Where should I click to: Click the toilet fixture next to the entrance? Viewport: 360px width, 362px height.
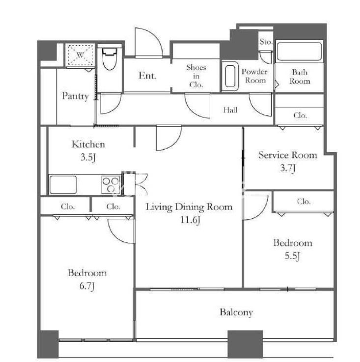click(109, 59)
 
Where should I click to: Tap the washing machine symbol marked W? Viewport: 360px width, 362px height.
click(80, 55)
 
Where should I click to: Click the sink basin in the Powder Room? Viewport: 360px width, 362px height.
click(230, 77)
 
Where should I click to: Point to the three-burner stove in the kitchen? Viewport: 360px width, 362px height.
click(111, 184)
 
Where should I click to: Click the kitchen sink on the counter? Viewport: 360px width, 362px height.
click(63, 185)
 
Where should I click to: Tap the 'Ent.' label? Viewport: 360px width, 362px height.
click(147, 76)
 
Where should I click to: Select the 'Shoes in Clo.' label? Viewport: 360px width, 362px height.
click(196, 76)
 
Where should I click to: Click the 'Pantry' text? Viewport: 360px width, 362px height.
click(75, 96)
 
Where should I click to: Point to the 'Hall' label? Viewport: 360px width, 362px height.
click(230, 110)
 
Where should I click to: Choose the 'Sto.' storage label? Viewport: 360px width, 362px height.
click(266, 42)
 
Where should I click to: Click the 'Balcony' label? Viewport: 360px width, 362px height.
click(236, 312)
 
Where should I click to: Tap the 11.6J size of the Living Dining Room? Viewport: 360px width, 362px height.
click(190, 220)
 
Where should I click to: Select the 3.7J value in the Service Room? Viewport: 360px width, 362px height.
click(288, 168)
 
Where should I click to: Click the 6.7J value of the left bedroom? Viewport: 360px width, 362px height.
click(87, 286)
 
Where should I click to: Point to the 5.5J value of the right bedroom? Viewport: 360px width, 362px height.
click(292, 256)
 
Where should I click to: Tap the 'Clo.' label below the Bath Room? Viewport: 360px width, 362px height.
click(300, 115)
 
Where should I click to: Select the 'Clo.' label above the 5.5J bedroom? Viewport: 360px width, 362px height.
click(304, 202)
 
